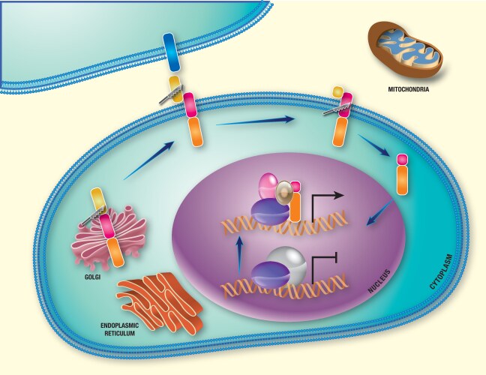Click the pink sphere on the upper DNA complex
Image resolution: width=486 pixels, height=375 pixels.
[x=268, y=184]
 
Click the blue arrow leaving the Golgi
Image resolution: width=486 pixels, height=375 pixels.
[x=149, y=162]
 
